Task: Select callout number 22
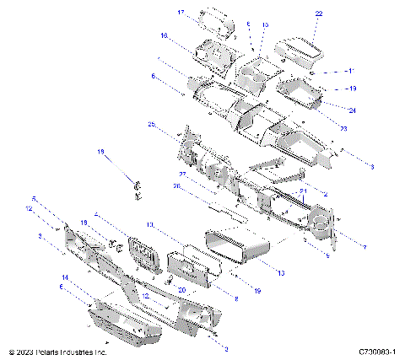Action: (x=318, y=14)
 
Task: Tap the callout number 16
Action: (x=164, y=35)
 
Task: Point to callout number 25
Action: (x=151, y=125)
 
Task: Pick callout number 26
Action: (x=177, y=187)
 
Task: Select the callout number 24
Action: (x=351, y=110)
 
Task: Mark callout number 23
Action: (x=344, y=126)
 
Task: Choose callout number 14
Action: (x=64, y=277)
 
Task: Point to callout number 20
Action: (x=181, y=288)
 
